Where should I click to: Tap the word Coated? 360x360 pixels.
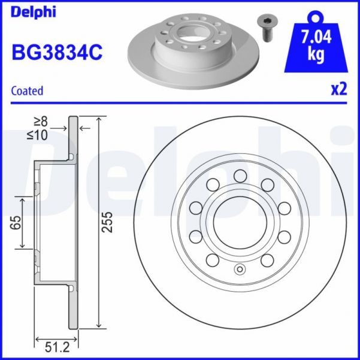click(x=28, y=91)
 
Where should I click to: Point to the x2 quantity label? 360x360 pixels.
click(x=339, y=90)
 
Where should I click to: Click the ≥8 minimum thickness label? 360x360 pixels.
click(x=58, y=123)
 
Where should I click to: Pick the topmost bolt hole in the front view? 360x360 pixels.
click(x=240, y=176)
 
